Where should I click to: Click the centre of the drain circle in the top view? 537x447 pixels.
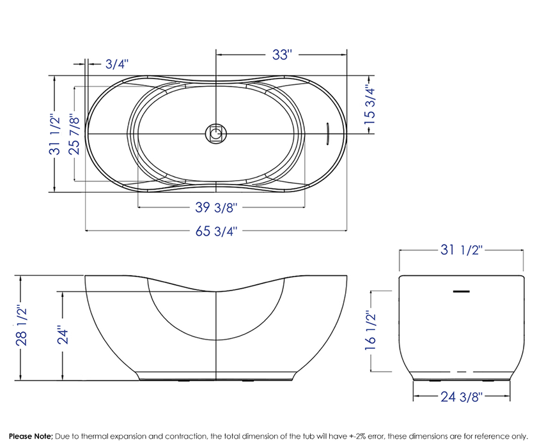point(216,133)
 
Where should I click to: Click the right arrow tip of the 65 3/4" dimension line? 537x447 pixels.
point(346,231)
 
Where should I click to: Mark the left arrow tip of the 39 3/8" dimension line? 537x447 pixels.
point(137,207)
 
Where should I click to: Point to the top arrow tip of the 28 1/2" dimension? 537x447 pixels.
point(21,276)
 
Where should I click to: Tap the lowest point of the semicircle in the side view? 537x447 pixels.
point(216,340)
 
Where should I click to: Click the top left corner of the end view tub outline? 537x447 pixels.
point(400,277)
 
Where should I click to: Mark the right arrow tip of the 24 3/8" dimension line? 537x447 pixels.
point(510,397)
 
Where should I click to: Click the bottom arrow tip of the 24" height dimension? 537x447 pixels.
point(63,380)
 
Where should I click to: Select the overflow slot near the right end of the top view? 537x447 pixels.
point(327,133)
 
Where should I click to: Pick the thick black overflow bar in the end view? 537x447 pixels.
point(462,291)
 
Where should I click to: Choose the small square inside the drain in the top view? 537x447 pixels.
point(216,133)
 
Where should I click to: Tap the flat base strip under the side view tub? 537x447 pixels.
point(216,376)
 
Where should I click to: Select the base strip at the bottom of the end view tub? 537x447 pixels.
point(462,376)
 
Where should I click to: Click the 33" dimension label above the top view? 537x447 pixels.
point(282,54)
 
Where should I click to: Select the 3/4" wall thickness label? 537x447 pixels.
point(117,64)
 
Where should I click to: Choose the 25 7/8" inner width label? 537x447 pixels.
point(74,134)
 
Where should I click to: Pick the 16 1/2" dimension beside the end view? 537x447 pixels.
point(371,330)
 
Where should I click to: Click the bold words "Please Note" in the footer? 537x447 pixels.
point(31,436)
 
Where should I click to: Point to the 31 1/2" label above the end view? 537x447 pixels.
point(462,250)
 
